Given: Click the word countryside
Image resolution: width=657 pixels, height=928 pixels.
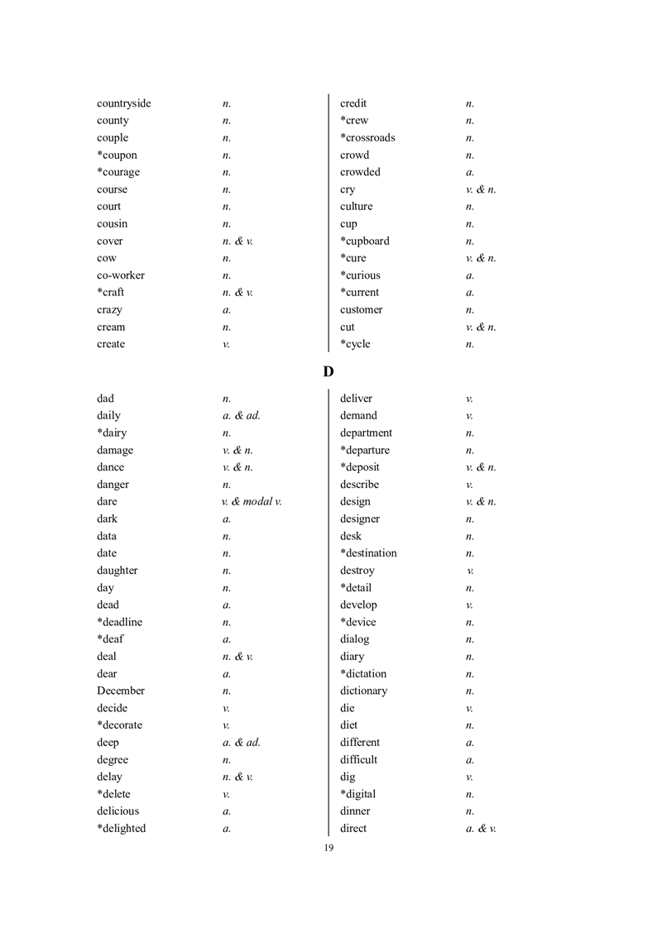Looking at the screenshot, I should coord(123,103).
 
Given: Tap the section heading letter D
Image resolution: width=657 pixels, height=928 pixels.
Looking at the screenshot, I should coord(328,372).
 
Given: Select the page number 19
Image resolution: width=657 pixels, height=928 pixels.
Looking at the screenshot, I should coord(328,848).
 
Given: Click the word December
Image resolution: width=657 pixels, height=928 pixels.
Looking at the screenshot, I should coord(120,691).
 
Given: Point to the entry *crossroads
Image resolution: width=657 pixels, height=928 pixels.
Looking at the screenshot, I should coord(367,137).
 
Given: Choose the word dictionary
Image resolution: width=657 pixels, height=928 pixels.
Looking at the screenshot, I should coord(363,691).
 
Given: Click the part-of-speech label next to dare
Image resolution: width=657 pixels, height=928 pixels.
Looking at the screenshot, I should coord(252,501).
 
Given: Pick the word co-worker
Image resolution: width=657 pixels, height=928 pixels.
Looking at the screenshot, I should coord(120,275).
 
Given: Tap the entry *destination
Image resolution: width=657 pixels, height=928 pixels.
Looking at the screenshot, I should coord(368,553).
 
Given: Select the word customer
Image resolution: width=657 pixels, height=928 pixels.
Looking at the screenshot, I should coord(361,310).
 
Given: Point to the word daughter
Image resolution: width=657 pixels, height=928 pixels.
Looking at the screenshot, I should coord(117,571).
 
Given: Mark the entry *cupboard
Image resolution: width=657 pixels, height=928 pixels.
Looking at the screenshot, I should coord(364,241).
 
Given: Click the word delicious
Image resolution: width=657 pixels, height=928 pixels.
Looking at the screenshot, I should coord(117,811).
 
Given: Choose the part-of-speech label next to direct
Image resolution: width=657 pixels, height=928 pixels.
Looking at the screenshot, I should coord(481,829).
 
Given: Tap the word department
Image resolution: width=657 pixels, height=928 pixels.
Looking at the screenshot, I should coord(366,433).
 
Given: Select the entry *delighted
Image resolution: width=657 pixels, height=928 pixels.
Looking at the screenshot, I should coord(121,829).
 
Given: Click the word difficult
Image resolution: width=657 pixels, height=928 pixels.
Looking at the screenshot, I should coord(358,759).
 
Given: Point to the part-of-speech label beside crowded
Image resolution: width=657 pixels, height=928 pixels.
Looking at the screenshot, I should coord(470,172).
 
